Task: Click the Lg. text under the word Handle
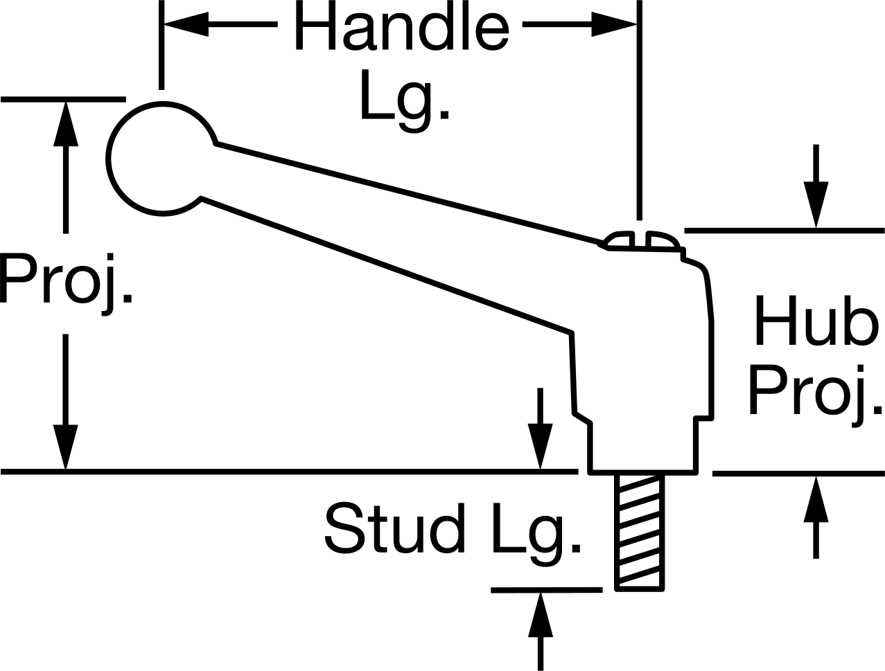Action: pyautogui.click(x=405, y=100)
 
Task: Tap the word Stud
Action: pyautogui.click(x=395, y=528)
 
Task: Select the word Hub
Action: pyautogui.click(x=816, y=320)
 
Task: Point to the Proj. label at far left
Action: pyautogui.click(x=67, y=284)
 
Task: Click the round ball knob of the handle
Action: pyautogui.click(x=161, y=159)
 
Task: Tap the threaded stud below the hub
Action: pyautogui.click(x=640, y=533)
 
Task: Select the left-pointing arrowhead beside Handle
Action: pyautogui.click(x=186, y=24)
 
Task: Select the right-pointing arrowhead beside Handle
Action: pyautogui.click(x=614, y=24)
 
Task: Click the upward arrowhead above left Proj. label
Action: pyautogui.click(x=66, y=124)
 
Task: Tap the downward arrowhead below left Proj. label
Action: pyautogui.click(x=66, y=447)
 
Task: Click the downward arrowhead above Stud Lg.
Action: pyautogui.click(x=541, y=447)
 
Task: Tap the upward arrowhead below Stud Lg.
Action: pyautogui.click(x=541, y=614)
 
